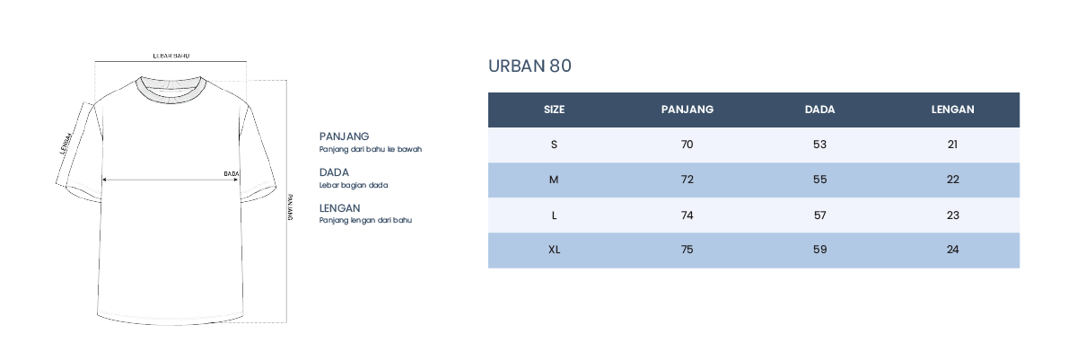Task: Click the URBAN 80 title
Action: point(530,66)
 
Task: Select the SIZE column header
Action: point(554,110)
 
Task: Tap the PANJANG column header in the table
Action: point(687,110)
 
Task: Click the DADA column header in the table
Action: point(819,110)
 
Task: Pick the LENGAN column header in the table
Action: point(952,110)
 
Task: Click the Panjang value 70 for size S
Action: point(687,145)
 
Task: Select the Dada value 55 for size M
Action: point(819,180)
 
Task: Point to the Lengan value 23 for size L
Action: point(952,215)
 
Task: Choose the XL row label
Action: point(554,250)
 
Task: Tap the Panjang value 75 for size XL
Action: point(687,250)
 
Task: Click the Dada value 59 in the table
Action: point(819,250)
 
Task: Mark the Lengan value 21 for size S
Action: point(952,145)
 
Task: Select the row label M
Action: point(554,180)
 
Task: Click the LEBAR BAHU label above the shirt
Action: point(171,56)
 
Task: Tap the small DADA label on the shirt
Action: point(232,173)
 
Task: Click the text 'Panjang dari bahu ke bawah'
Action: point(370,150)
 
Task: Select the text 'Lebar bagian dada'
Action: point(354,185)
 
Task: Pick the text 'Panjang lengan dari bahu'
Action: point(365,220)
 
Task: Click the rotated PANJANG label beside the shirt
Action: point(290,207)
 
